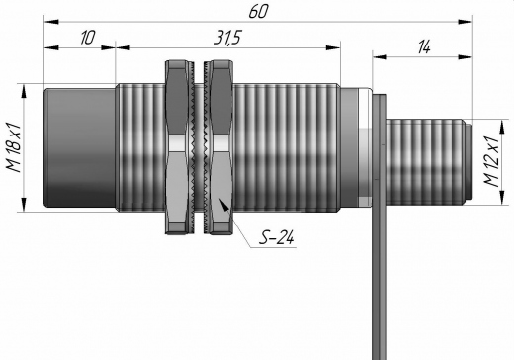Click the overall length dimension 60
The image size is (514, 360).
(x=258, y=12)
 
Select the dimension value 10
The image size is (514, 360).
(x=88, y=38)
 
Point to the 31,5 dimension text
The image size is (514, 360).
(x=227, y=38)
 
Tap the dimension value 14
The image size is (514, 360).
(x=424, y=47)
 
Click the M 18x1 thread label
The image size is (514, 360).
(x=14, y=148)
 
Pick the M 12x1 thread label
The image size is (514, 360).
(x=491, y=161)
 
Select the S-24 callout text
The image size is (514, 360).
(x=276, y=237)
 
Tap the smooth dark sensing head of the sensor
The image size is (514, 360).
(x=80, y=148)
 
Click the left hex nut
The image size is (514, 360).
(x=177, y=147)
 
